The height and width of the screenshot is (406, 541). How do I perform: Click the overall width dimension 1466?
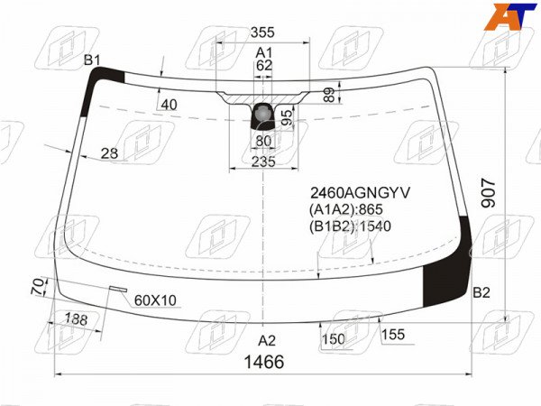tap(264, 362)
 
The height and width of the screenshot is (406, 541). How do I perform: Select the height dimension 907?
tap(488, 193)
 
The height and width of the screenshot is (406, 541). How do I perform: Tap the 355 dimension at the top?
tap(262, 32)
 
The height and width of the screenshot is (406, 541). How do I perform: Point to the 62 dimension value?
tap(264, 65)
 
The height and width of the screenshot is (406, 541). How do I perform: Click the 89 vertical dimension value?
tap(330, 95)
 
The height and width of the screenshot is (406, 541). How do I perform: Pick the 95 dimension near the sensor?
tap(287, 117)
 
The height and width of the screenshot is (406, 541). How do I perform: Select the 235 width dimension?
tap(263, 161)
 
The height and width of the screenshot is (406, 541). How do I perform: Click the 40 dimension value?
tap(170, 105)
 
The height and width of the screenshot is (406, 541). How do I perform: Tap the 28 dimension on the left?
tap(109, 153)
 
